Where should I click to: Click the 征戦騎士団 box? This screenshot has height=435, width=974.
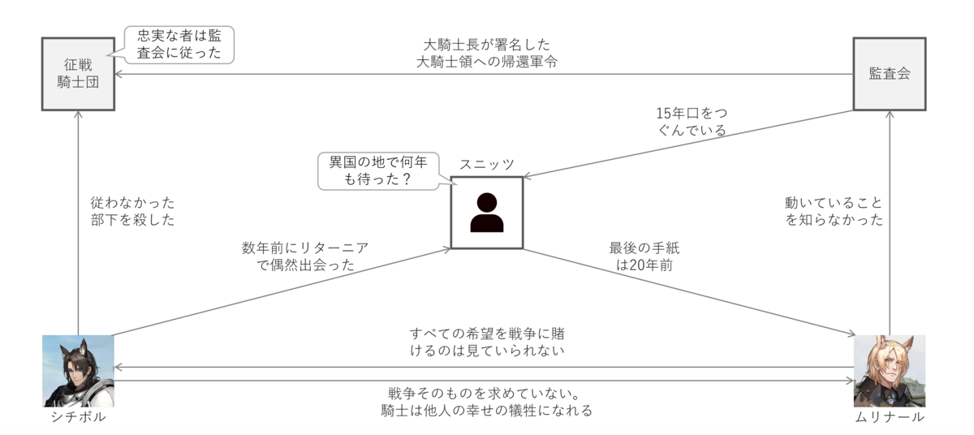click(x=78, y=73)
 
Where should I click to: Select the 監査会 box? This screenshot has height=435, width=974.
click(x=889, y=73)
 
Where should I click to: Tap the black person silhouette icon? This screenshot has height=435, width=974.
click(x=486, y=213)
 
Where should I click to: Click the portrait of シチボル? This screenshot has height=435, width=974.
click(x=78, y=371)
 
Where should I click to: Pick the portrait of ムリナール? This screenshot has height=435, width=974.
click(x=889, y=371)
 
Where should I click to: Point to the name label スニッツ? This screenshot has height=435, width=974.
click(x=487, y=164)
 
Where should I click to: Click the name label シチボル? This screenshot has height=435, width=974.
click(x=78, y=417)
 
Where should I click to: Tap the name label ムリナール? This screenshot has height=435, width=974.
click(x=889, y=417)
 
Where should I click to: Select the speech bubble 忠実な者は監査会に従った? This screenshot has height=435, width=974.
click(x=179, y=44)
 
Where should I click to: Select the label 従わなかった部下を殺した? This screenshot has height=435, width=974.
click(x=132, y=211)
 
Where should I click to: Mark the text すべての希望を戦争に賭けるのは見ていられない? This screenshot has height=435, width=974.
click(x=486, y=342)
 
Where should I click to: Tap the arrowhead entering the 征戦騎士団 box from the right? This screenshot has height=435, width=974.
click(x=119, y=74)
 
